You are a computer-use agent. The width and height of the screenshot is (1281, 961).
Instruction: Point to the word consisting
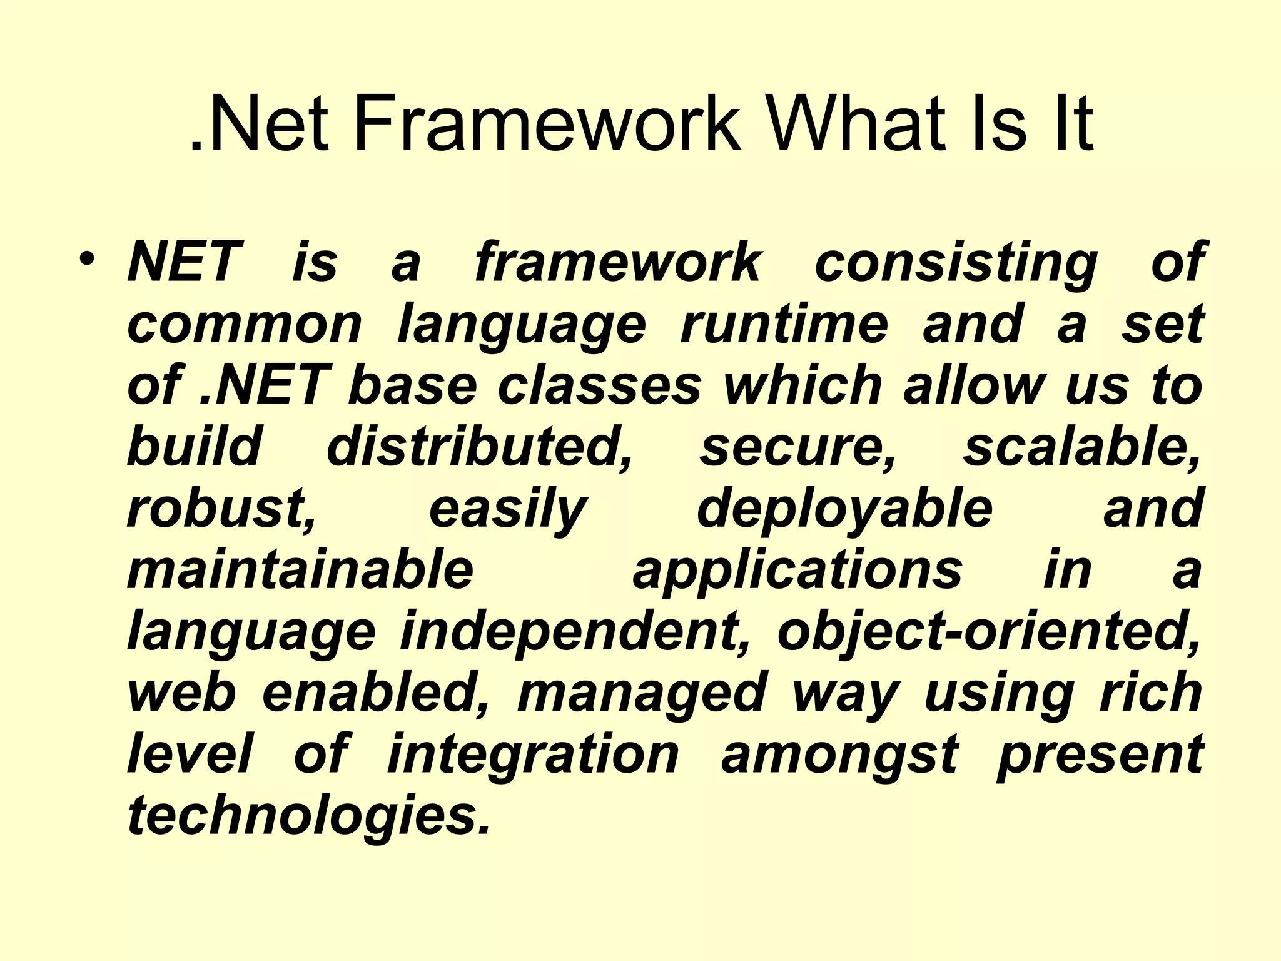(956, 263)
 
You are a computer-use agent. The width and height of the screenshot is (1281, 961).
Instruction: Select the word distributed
(480, 447)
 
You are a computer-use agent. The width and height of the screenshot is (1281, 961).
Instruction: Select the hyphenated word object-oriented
(989, 632)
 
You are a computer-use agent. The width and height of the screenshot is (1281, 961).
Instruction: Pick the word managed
(642, 694)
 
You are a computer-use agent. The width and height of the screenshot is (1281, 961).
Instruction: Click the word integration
(533, 755)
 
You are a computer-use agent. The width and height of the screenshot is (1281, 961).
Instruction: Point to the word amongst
(839, 755)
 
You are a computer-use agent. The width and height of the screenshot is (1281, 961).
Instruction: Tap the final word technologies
(308, 816)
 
